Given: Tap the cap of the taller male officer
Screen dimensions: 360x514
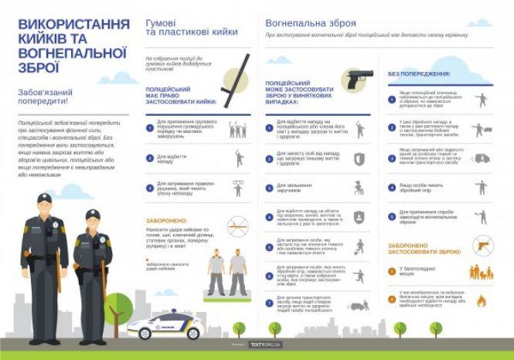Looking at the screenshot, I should coord(44,199).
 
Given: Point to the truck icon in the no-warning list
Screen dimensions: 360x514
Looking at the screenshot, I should coord(481,158).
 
